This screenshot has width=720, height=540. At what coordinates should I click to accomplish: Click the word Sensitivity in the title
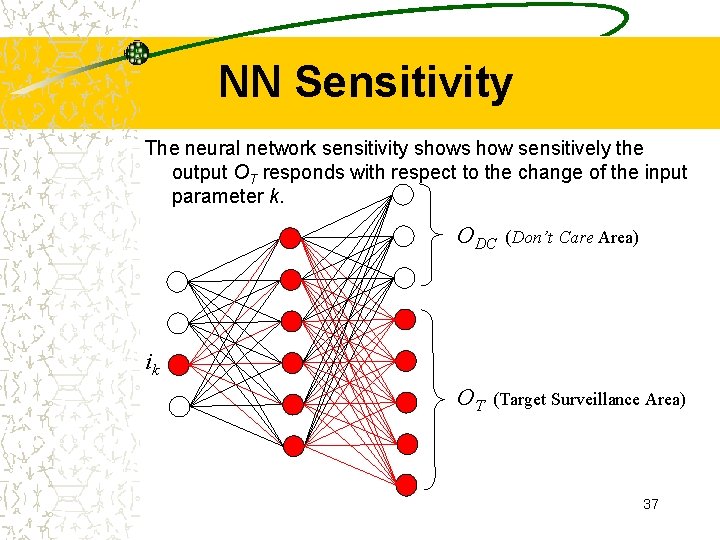tap(403, 82)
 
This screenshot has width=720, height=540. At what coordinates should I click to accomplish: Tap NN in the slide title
tap(253, 82)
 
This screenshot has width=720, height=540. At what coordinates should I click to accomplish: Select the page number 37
tap(651, 504)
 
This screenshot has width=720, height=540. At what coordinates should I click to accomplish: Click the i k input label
tap(152, 365)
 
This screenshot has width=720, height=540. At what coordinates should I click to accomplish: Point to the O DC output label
tap(476, 238)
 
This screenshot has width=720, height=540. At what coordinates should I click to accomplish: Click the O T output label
tap(470, 399)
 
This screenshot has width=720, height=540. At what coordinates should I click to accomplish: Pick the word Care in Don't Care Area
tap(576, 238)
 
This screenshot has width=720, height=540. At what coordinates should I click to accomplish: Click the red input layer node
tap(178, 364)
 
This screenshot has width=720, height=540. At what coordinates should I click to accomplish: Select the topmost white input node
tap(178, 280)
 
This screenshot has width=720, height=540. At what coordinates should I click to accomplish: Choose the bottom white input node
tap(178, 406)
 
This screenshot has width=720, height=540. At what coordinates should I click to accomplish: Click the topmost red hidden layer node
tap(291, 237)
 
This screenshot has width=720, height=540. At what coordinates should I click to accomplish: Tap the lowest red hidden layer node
tap(291, 445)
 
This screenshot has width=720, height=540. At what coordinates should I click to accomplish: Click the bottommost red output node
tap(404, 485)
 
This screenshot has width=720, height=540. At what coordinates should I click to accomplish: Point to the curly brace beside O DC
tap(432, 236)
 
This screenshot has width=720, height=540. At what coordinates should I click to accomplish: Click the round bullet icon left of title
tap(136, 53)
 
